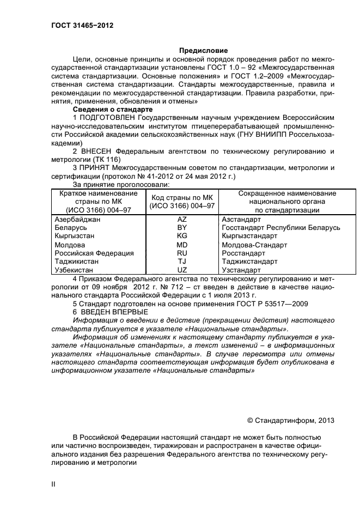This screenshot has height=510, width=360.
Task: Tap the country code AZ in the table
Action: coord(182,218)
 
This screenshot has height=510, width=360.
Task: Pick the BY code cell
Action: coord(182,227)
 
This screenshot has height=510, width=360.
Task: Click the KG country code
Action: coord(182,236)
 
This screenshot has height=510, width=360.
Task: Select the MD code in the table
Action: coord(182,245)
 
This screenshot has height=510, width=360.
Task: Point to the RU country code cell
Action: coord(182,253)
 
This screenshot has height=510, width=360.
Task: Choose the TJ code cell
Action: coord(182,262)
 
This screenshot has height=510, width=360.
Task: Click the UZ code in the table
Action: coord(182,270)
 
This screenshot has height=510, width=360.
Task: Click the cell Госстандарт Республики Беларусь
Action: coord(281,227)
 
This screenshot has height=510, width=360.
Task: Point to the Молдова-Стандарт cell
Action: coord(254,245)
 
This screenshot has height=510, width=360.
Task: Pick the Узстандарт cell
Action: coord(241,270)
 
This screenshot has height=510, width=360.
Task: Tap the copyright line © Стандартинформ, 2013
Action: coord(291,420)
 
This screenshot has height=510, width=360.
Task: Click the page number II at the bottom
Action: coord(53,484)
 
